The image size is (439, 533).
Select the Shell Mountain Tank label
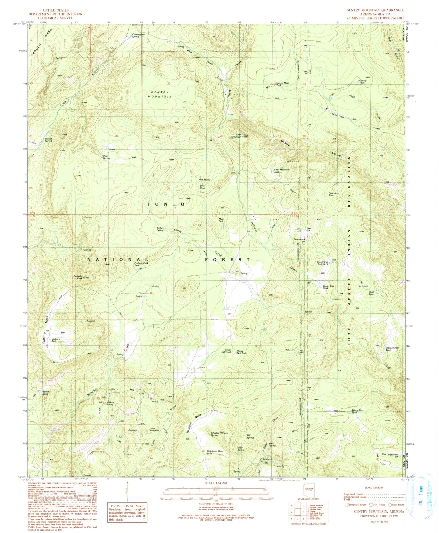[281, 171]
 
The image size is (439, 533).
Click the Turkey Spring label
[160, 229]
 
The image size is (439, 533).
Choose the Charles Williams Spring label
[220, 434]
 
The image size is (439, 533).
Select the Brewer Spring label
[48, 140]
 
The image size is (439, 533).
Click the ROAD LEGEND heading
[373, 487]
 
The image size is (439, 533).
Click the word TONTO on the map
[166, 204]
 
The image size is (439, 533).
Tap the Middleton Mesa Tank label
[213, 452]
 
